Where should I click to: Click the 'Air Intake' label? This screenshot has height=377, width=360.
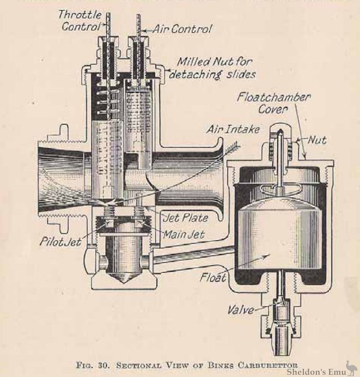233,130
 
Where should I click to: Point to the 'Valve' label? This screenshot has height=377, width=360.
241,310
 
